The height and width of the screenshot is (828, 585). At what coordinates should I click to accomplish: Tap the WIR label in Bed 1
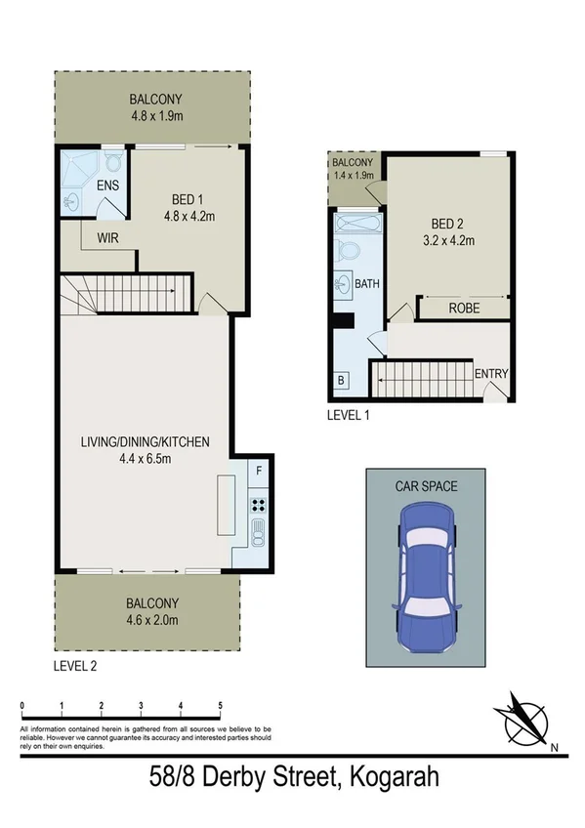[x=108, y=236]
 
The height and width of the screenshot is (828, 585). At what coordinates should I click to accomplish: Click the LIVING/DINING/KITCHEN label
[x=146, y=441]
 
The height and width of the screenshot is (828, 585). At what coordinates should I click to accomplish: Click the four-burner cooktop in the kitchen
[x=260, y=505]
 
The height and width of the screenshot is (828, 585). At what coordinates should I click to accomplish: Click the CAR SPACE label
[x=427, y=485]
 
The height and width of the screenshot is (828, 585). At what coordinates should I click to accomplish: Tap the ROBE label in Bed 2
[x=464, y=308]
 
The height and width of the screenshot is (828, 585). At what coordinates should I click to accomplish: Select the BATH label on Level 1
[x=367, y=285]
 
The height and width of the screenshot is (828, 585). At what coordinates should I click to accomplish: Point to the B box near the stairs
[x=341, y=381]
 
